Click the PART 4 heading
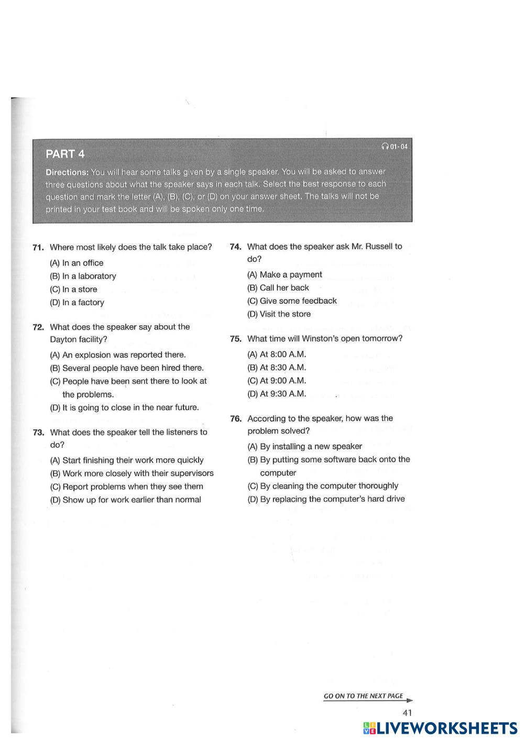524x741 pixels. (x=65, y=154)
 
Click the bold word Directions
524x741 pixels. (x=67, y=172)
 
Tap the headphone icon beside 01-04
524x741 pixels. (x=385, y=147)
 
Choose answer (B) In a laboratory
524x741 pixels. (x=83, y=276)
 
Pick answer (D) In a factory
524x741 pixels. (x=77, y=302)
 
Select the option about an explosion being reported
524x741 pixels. (x=118, y=355)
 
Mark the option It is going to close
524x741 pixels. (x=124, y=407)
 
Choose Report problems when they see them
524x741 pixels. (x=126, y=486)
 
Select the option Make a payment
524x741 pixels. (x=285, y=274)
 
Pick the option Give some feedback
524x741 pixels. (x=292, y=301)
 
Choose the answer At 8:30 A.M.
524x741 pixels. (x=277, y=368)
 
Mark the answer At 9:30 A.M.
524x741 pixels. (x=277, y=394)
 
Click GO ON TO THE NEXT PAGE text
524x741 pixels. (x=363, y=696)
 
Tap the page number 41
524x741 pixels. (x=407, y=712)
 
